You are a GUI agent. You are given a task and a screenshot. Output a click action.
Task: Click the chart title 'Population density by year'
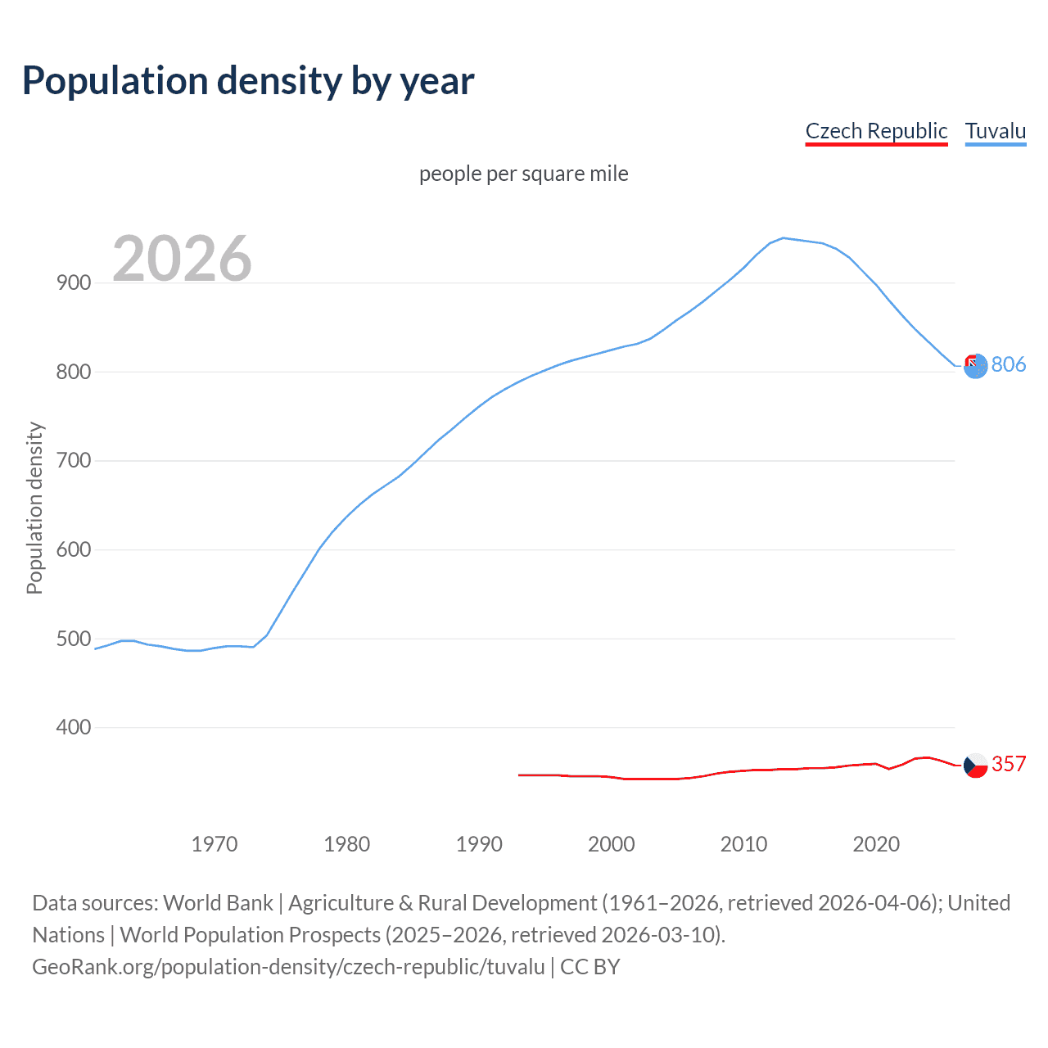coord(248,81)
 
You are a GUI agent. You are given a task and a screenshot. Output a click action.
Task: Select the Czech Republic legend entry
coord(876,131)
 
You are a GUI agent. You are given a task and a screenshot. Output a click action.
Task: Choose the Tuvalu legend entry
coord(996,131)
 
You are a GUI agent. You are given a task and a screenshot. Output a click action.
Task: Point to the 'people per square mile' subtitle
coord(524,174)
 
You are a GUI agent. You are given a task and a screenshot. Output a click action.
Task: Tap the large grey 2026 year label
coord(182,259)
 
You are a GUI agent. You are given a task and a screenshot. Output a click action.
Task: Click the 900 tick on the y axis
coord(74,282)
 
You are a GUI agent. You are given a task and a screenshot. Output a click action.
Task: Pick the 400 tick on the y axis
coord(74,727)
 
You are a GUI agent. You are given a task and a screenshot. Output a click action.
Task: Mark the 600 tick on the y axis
coord(74,549)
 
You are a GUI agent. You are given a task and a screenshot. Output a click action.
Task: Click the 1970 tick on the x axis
coord(215,844)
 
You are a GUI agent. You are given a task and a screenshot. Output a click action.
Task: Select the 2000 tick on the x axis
coord(612,844)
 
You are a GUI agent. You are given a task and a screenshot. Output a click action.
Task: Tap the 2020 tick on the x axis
coord(876,844)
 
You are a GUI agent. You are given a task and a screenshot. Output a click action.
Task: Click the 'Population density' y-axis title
coord(34,508)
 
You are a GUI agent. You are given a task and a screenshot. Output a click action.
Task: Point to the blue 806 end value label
coord(1009,364)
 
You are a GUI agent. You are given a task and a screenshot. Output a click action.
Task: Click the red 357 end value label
coord(1009,764)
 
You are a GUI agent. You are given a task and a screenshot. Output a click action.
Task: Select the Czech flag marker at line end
coord(975,766)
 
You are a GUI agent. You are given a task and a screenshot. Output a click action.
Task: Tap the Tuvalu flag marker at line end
coord(975,366)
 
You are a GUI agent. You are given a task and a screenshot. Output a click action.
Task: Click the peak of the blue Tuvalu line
coord(784,238)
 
